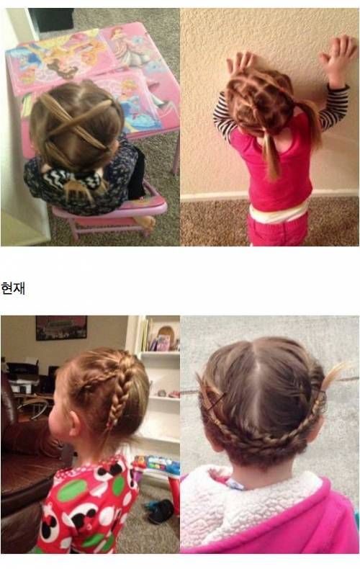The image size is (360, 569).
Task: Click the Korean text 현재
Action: pyautogui.click(x=13, y=289)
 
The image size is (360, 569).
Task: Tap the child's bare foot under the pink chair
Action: pyautogui.click(x=145, y=221)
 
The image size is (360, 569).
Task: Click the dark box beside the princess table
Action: pyautogui.click(x=51, y=19)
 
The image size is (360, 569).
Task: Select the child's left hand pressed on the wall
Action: pyautogui.click(x=240, y=63)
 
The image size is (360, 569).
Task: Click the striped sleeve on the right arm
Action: pyautogui.click(x=335, y=107)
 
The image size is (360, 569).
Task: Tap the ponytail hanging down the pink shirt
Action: pyautogui.click(x=271, y=156)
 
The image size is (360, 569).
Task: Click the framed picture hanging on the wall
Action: pyautogui.click(x=61, y=328)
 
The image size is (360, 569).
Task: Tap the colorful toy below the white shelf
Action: pyautogui.click(x=157, y=465)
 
